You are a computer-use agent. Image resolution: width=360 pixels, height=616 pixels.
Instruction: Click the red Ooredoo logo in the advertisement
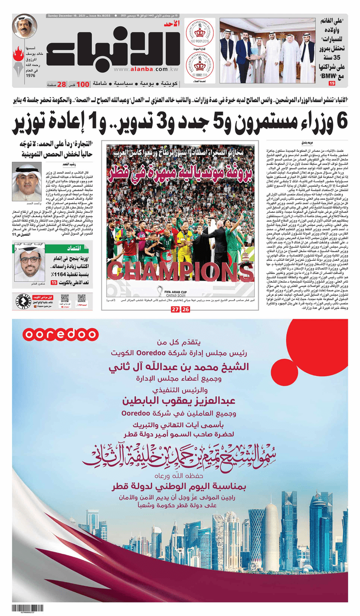pos(61,334)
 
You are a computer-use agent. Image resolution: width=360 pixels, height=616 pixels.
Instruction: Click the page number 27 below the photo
pos(175,309)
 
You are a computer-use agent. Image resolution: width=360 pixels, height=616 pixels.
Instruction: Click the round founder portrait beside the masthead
pos(25,26)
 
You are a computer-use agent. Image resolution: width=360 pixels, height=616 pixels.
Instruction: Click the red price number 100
pos(83,84)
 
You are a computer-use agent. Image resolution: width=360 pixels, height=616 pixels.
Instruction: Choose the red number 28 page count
pos(61,84)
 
